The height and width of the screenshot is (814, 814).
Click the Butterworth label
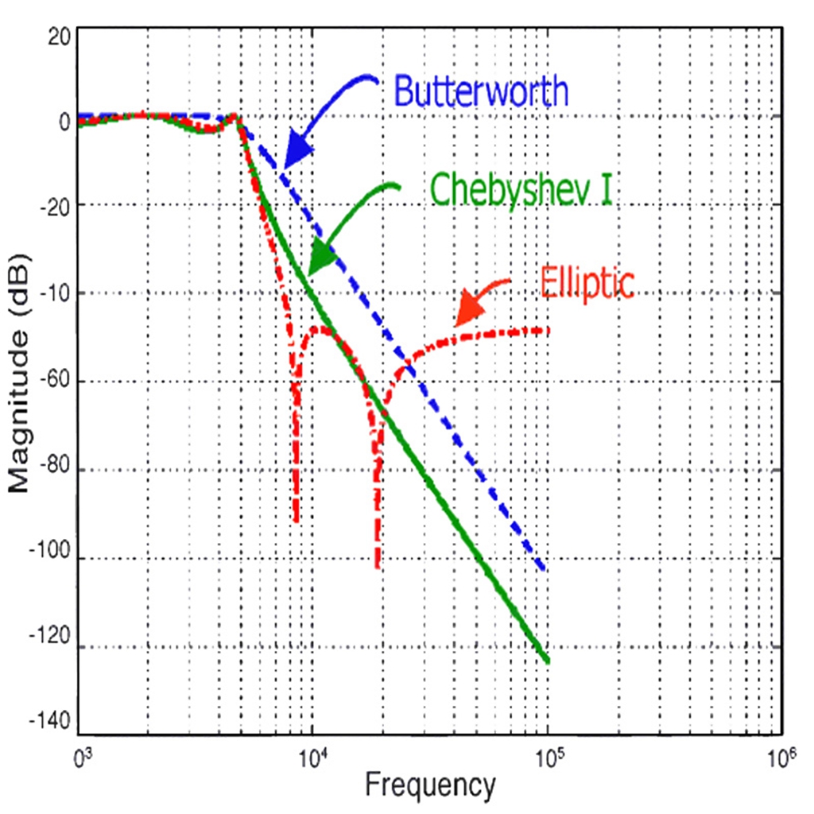(x=481, y=92)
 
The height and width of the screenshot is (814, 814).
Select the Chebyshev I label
(x=521, y=189)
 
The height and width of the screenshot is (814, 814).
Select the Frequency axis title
(x=429, y=785)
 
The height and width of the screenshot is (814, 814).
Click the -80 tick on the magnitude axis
(x=57, y=470)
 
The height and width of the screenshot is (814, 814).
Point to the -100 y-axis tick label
(x=54, y=558)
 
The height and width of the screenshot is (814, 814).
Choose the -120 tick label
(x=54, y=647)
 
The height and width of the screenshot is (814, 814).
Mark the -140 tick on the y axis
(x=54, y=723)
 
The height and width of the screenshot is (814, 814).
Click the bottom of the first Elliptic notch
(x=297, y=521)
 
